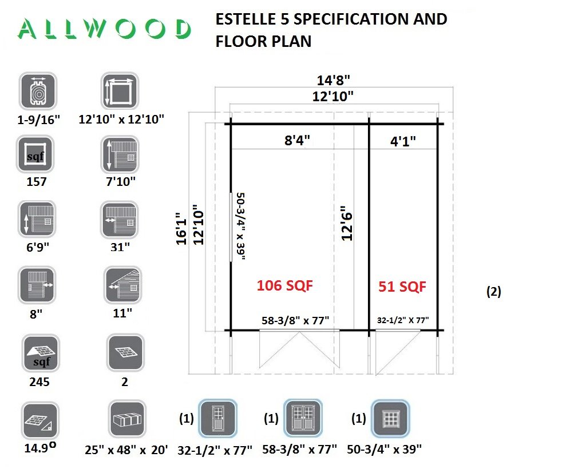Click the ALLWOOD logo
click(104, 29)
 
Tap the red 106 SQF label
click(284, 285)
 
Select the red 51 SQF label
click(402, 287)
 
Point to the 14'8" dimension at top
click(334, 80)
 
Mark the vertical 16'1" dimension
click(181, 226)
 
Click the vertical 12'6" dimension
click(346, 224)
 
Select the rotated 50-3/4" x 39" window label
click(241, 226)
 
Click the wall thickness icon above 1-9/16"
click(38, 91)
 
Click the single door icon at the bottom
click(216, 418)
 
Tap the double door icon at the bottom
click(303, 418)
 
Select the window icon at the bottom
click(390, 418)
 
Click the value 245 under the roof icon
click(38, 382)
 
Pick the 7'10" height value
click(121, 182)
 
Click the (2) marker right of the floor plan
click(493, 291)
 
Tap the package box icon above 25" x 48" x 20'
click(127, 420)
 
